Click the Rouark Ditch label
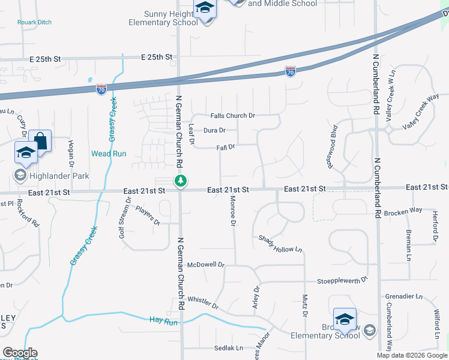(34, 22)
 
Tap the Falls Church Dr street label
(233, 115)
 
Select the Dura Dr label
(214, 130)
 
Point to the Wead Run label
(109, 154)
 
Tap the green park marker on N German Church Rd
(179, 181)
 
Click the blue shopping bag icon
(41, 142)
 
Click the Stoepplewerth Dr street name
(342, 280)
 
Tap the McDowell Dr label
(206, 264)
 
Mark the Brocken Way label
(403, 212)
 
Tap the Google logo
(19, 353)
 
